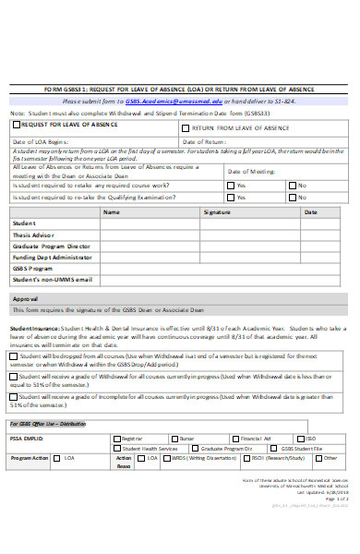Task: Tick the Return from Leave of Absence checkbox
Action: [x=186, y=127]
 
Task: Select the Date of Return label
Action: [x=204, y=141]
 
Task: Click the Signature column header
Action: [x=217, y=211]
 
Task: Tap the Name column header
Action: [x=111, y=211]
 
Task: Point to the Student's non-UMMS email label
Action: [x=52, y=278]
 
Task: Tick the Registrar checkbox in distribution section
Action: [x=116, y=438]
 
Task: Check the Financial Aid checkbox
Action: [x=234, y=438]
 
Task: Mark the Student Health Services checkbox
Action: [x=116, y=448]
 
